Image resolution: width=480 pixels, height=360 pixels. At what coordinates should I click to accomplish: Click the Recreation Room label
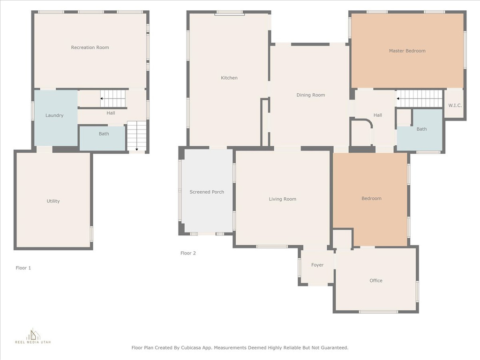tap(90, 47)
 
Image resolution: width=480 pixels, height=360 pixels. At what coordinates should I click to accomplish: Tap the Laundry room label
tap(54, 115)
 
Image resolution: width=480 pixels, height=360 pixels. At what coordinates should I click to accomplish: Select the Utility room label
tap(53, 201)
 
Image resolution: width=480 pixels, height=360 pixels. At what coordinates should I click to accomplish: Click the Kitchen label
tap(229, 78)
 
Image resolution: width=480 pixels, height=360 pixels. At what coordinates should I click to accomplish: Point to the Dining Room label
tap(311, 95)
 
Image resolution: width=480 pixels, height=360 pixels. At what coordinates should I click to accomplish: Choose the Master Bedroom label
tap(407, 51)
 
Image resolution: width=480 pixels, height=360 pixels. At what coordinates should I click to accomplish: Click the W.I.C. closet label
tap(455, 105)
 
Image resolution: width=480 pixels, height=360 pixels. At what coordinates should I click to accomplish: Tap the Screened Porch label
tap(207, 192)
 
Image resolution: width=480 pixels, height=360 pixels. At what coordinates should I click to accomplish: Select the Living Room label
tap(283, 199)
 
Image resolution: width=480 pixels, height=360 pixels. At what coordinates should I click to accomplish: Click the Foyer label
tap(317, 265)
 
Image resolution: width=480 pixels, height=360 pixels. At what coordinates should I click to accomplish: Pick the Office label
tap(376, 280)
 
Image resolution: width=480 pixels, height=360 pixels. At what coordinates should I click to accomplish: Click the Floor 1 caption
tap(23, 268)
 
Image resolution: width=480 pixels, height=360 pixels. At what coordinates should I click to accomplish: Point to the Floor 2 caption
tap(188, 253)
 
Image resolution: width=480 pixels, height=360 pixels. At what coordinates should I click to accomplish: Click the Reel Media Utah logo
tap(33, 336)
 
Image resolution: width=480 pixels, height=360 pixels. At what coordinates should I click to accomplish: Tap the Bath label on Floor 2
tap(421, 129)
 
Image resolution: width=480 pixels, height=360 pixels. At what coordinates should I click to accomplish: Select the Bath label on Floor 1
tap(104, 134)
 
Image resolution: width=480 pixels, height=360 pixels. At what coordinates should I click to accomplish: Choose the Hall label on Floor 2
tap(378, 115)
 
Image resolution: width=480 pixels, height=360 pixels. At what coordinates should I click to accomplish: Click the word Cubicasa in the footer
tap(193, 348)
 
